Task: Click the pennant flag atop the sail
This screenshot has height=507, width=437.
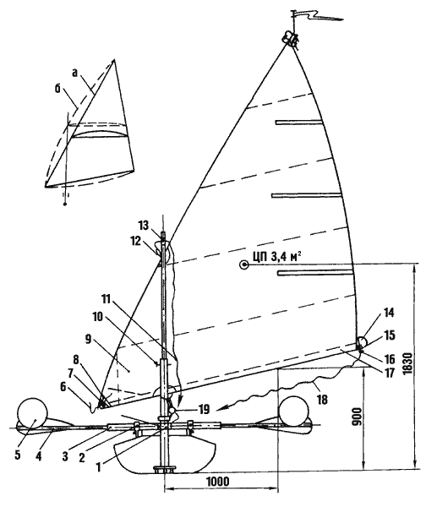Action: [x=316, y=15]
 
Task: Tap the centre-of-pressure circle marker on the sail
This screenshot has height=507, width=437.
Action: [x=243, y=265]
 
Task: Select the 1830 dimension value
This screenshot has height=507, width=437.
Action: [x=408, y=363]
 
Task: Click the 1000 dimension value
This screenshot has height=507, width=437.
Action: [x=218, y=482]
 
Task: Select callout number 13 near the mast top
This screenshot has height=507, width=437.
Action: [x=144, y=225]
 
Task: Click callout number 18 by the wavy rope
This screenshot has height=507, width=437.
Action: [x=322, y=400]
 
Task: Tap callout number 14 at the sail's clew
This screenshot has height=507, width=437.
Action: [x=389, y=313]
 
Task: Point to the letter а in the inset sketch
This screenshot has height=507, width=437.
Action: [x=75, y=74]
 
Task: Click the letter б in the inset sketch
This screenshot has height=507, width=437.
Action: [x=57, y=89]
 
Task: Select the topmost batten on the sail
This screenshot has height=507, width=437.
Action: [x=299, y=122]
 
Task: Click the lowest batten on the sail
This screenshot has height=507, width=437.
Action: [x=314, y=273]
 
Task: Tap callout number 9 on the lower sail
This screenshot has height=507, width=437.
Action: [x=89, y=339]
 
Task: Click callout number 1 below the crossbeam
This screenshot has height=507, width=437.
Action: [x=99, y=466]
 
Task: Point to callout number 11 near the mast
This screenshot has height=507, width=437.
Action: [x=106, y=299]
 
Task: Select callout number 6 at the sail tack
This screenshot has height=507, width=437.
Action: [x=63, y=387]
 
